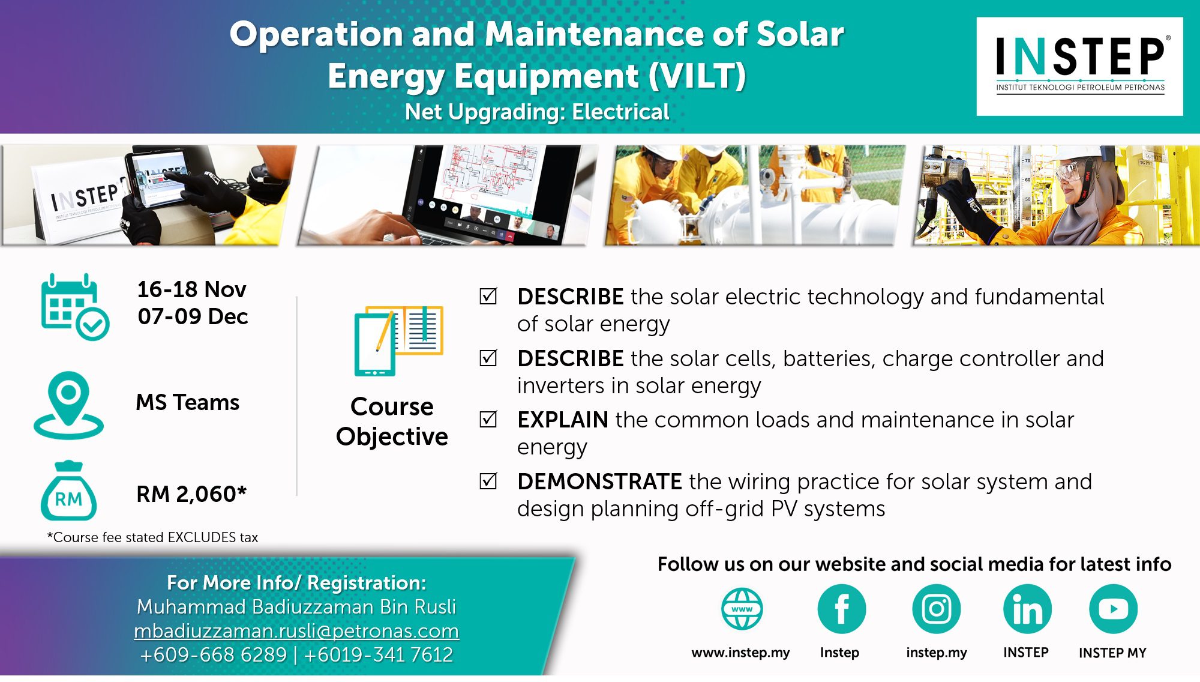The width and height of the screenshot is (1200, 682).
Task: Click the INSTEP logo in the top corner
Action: click(1079, 66)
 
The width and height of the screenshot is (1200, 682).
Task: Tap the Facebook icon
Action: click(841, 609)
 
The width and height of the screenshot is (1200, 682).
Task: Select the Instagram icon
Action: click(936, 609)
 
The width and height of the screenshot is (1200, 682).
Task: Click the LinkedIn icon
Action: click(1027, 609)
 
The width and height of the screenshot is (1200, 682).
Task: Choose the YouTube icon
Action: click(1114, 609)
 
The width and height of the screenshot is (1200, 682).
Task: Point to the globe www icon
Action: click(742, 609)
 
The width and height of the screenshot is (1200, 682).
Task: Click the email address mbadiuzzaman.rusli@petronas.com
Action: click(296, 631)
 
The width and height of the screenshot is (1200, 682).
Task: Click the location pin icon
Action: click(68, 405)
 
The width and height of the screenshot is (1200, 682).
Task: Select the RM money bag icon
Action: click(68, 490)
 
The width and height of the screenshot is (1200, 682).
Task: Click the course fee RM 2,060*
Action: click(191, 494)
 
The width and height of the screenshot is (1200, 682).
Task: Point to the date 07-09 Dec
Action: click(193, 316)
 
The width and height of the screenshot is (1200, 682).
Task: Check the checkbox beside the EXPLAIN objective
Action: click(488, 418)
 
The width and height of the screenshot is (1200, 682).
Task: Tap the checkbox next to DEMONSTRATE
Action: click(488, 480)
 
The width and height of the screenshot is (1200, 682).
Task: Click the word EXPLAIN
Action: click(563, 420)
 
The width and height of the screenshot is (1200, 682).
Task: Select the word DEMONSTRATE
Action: click(599, 481)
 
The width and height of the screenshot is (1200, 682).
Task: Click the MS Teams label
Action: click(188, 402)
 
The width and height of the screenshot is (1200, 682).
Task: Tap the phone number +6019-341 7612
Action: click(379, 654)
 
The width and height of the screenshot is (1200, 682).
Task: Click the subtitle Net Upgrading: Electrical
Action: click(537, 112)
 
